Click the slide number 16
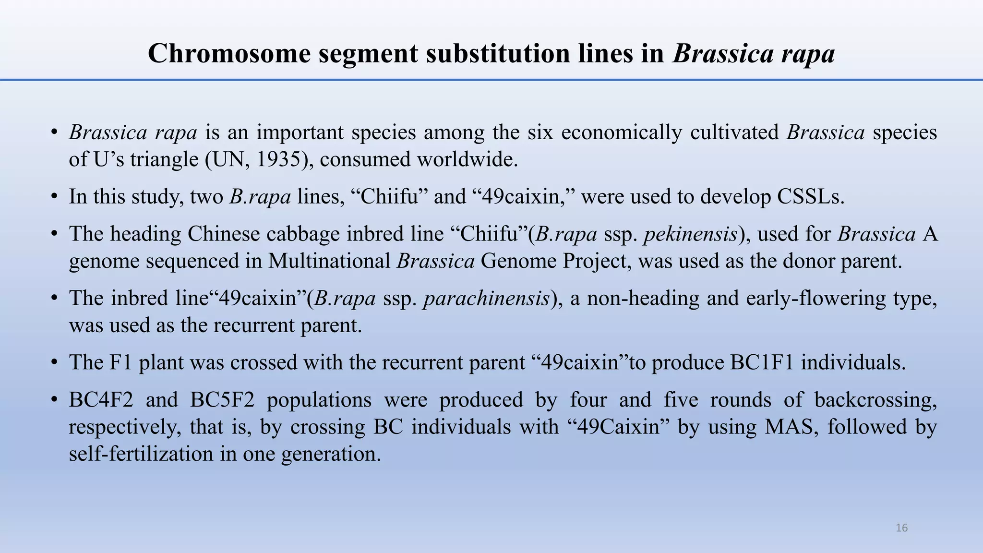click(901, 528)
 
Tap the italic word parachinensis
click(486, 299)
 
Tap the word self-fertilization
click(141, 454)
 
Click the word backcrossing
click(875, 400)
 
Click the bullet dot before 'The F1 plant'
click(55, 362)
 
